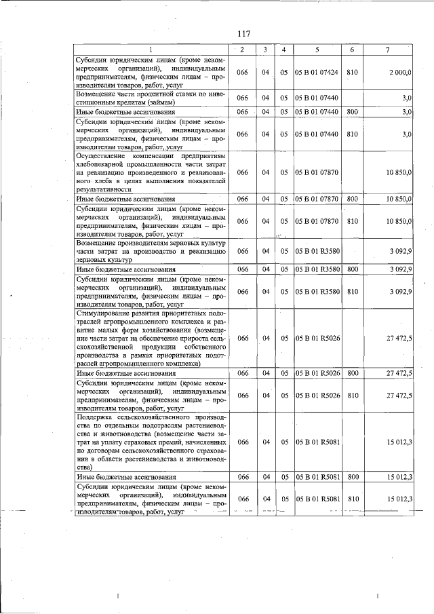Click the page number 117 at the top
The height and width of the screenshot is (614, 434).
[243, 35]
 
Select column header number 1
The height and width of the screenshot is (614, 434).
[151, 50]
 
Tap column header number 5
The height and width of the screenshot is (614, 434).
[317, 50]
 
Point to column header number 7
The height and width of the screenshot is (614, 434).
[387, 50]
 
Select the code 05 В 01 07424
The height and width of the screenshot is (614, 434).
[317, 73]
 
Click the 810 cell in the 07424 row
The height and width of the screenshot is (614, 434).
[352, 73]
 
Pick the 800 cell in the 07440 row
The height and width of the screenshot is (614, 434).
[352, 111]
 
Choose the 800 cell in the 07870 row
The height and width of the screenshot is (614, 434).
[352, 199]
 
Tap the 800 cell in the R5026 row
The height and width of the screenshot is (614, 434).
[352, 372]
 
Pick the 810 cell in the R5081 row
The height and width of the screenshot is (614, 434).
[352, 499]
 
